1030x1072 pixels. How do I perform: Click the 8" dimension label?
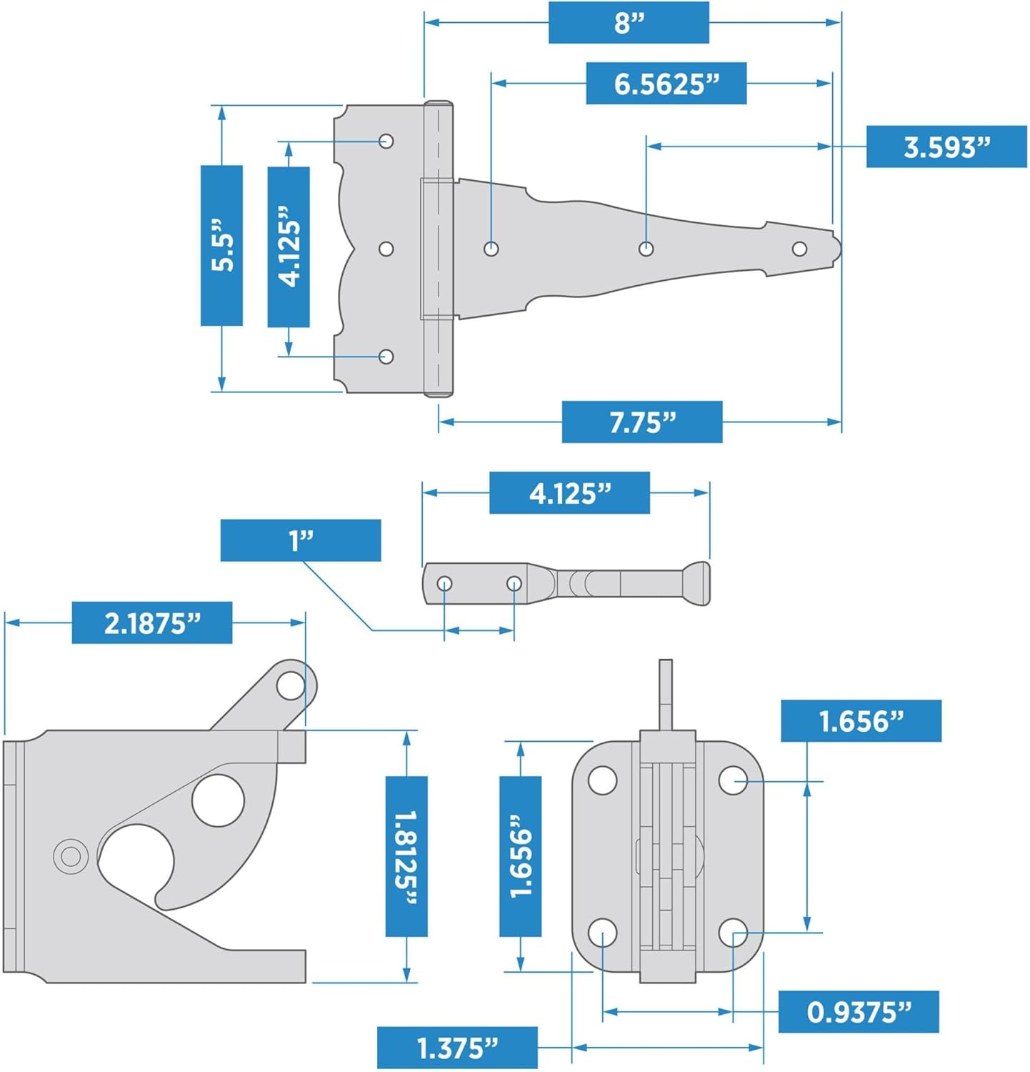pyautogui.click(x=629, y=22)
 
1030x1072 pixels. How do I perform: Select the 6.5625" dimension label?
pyautogui.click(x=666, y=84)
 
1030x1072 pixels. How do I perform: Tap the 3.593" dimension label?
pyautogui.click(x=946, y=147)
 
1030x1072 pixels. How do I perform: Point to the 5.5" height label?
pyautogui.click(x=221, y=245)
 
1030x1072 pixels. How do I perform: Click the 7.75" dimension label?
pyautogui.click(x=641, y=422)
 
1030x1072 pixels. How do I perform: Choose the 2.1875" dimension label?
pyautogui.click(x=151, y=622)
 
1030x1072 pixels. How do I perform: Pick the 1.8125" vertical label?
pyautogui.click(x=406, y=856)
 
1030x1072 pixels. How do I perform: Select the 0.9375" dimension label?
pyautogui.click(x=858, y=1011)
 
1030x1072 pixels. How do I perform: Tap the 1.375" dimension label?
pyautogui.click(x=456, y=1048)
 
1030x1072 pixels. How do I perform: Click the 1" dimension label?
pyautogui.click(x=300, y=540)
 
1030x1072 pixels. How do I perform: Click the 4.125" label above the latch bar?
pyautogui.click(x=569, y=492)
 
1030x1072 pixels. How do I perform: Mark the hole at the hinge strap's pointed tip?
pyautogui.click(x=799, y=249)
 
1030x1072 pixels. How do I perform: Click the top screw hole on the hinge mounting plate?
pyautogui.click(x=386, y=141)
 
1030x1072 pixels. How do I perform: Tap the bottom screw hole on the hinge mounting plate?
pyautogui.click(x=386, y=356)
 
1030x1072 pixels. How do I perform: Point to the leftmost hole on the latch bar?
pyautogui.click(x=444, y=584)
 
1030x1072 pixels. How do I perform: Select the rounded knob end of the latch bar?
pyautogui.click(x=697, y=583)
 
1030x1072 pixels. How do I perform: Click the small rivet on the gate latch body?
pyautogui.click(x=70, y=855)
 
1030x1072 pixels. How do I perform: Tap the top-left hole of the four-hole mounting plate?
pyautogui.click(x=602, y=780)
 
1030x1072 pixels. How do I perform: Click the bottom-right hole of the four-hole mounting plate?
pyautogui.click(x=733, y=933)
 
